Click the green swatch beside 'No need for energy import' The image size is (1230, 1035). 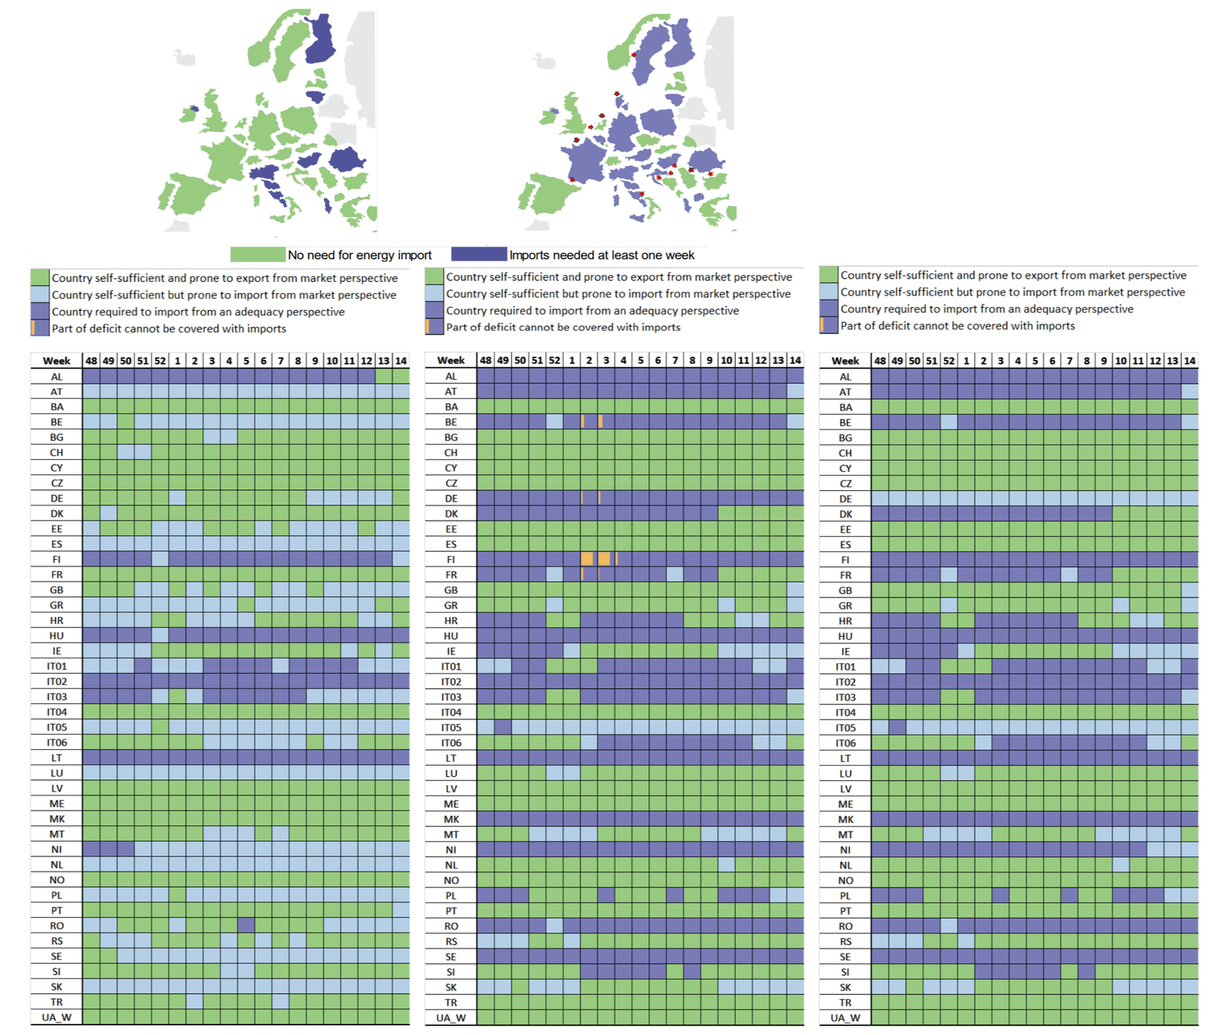click(x=257, y=255)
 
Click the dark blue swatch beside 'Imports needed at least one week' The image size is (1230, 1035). click(x=479, y=255)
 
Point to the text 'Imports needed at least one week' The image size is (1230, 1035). click(x=601, y=255)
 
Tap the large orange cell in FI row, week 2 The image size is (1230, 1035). click(x=588, y=559)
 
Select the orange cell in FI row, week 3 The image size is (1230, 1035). click(x=605, y=559)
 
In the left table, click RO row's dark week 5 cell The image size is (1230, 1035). click(x=246, y=925)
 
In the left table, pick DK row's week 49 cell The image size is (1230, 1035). click(x=109, y=513)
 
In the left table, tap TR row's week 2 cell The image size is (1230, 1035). click(x=195, y=1002)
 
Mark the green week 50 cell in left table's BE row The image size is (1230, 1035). click(x=126, y=422)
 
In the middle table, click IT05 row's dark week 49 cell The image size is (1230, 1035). click(x=503, y=727)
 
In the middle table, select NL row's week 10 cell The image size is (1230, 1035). click(x=726, y=865)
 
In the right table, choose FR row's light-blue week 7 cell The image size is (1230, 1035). click(x=1070, y=575)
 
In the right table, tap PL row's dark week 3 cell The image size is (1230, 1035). click(x=1001, y=896)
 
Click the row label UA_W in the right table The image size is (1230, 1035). click(x=845, y=1018)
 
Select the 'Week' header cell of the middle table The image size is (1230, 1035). click(x=451, y=360)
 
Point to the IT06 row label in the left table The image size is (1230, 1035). click(x=57, y=743)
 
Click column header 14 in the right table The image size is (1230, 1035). click(x=1190, y=361)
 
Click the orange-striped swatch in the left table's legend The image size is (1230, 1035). click(x=40, y=328)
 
